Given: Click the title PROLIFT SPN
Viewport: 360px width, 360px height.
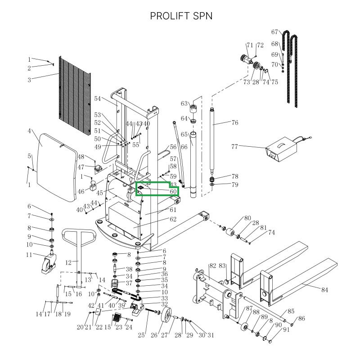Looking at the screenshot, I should pos(181,16).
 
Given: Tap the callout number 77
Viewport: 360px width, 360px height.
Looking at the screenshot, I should pos(234,146).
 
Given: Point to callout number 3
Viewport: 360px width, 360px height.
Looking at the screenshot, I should pos(29,80).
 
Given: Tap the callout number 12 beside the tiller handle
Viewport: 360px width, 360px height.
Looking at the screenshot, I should pos(69,262).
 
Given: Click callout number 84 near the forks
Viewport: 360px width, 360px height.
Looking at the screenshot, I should pos(324,290).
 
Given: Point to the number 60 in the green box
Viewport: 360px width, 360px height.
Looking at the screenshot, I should pos(173,191).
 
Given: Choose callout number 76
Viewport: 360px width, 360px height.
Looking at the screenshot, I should pos(234,123).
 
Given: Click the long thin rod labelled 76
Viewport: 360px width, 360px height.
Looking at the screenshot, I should pos(213,144).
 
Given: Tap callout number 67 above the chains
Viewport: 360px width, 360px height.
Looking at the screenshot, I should pos(275,32).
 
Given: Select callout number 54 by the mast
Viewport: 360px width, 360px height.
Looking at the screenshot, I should pos(98,99).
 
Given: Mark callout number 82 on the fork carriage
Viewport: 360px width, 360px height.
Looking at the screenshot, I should pos(212,266).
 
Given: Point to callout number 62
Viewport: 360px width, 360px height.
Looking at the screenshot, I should pos(173,220).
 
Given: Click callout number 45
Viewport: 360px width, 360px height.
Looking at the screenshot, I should pos(99,193).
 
